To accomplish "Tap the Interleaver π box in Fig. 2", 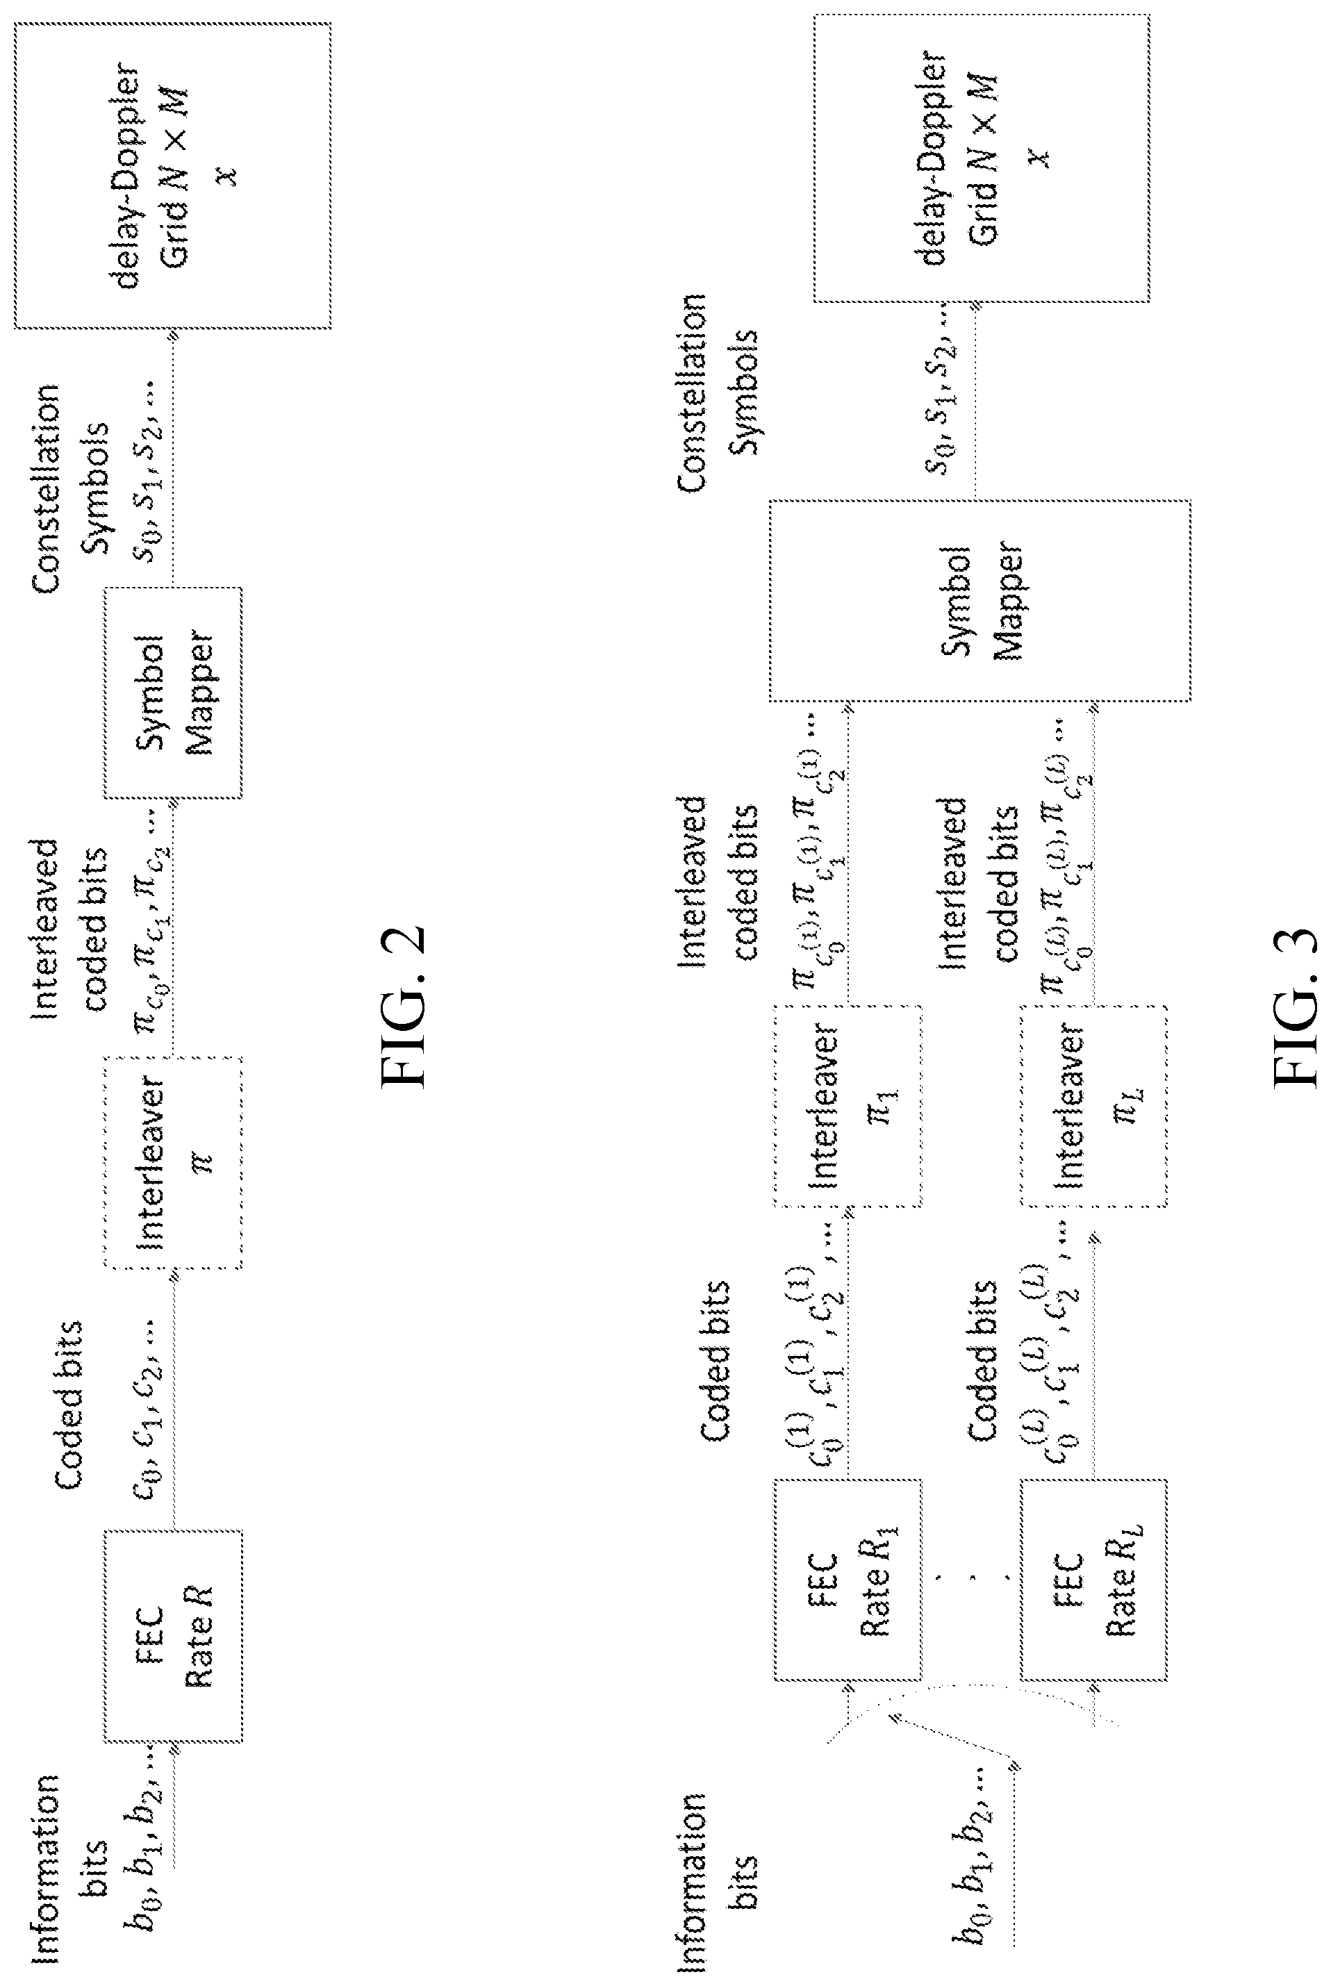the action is tap(173, 1162).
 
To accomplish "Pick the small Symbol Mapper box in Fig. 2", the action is tap(173, 693).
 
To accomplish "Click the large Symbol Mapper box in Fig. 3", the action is tap(980, 601).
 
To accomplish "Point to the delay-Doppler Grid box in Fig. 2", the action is tap(173, 176).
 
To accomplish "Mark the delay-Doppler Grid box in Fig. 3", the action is tap(982, 158).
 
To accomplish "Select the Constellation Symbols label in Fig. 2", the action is tap(72, 489).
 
